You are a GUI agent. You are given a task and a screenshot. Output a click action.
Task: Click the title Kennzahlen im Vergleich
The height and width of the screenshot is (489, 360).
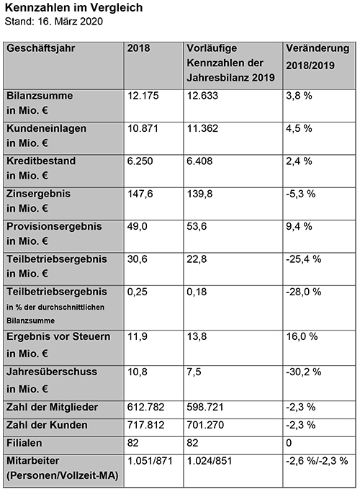74,7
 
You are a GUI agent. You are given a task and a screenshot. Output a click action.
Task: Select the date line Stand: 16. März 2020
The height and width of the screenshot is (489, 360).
53,21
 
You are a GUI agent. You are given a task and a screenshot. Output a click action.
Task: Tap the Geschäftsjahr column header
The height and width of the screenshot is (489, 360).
41,48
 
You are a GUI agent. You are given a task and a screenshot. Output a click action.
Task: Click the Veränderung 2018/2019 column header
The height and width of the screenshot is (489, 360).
318,57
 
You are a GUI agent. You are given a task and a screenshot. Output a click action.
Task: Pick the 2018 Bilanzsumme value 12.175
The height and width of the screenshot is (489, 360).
143,96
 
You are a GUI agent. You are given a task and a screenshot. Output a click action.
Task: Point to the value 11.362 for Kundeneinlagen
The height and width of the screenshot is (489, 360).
202,128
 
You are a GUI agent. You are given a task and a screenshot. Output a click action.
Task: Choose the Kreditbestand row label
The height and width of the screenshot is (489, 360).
41,168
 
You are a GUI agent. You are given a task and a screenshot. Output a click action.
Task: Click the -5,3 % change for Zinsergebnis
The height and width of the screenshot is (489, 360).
301,194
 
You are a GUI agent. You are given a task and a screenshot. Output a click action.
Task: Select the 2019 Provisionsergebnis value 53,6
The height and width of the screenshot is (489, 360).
197,226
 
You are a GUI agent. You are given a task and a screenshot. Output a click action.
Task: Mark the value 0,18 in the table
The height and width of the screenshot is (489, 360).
197,292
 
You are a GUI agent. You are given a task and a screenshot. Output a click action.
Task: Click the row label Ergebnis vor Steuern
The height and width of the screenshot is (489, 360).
58,345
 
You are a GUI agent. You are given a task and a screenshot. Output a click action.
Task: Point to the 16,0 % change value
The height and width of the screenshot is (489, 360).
302,336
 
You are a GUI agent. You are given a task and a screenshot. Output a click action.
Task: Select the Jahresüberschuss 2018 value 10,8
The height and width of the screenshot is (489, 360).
137,372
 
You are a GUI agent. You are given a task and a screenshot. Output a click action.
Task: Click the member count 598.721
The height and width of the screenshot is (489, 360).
205,407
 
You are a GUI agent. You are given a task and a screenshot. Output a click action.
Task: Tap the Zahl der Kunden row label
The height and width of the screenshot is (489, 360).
47,425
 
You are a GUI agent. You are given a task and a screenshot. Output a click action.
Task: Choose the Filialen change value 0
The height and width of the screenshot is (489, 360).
289,443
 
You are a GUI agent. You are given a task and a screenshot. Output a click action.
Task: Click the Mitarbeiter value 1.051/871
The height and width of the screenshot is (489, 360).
150,461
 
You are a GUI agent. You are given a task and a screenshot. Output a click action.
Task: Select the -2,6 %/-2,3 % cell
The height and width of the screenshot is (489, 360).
317,461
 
